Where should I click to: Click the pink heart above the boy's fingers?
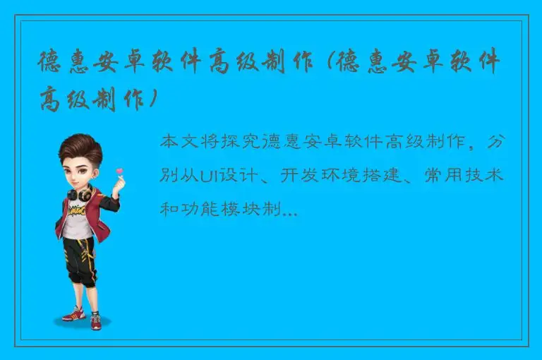click(119, 171)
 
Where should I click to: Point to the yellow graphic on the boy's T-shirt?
click(76, 210)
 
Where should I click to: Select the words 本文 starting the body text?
click(179, 141)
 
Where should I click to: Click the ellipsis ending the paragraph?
click(288, 209)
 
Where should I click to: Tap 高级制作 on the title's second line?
click(95, 99)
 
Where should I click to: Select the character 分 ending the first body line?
click(495, 141)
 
